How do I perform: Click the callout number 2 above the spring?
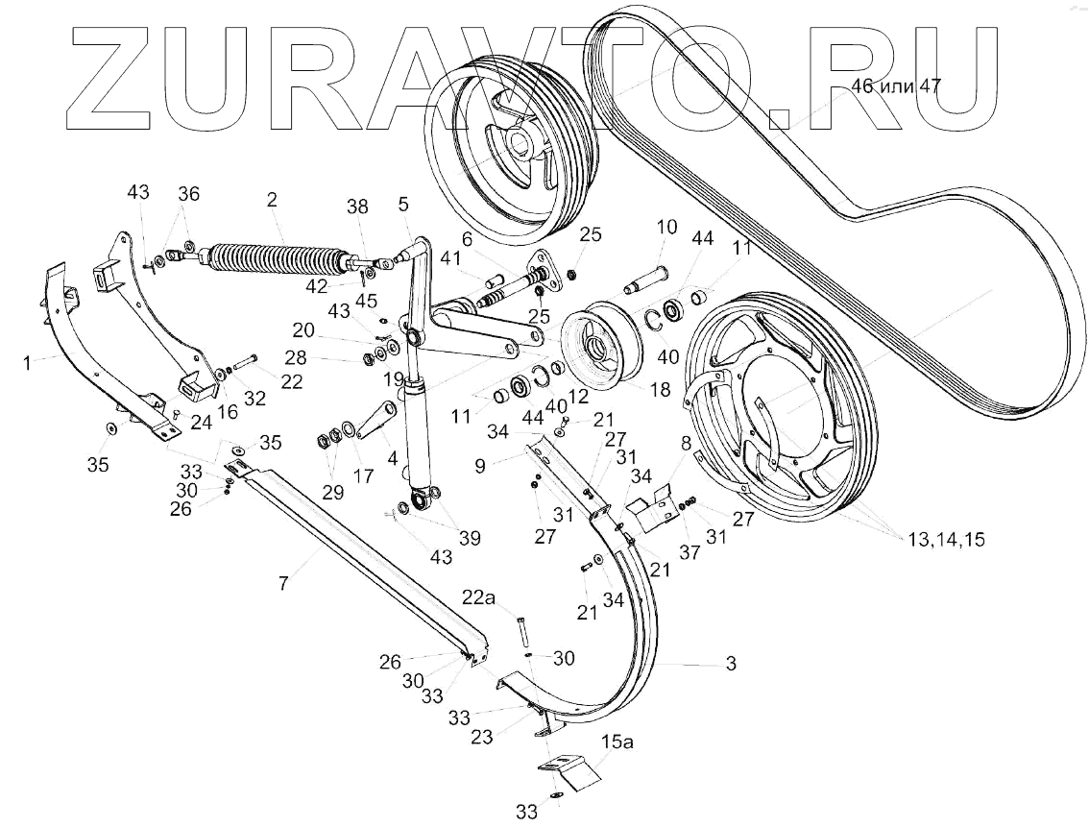273,201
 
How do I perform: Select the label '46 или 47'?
895,85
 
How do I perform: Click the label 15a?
617,742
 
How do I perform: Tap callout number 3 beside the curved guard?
732,664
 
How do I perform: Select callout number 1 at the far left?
29,362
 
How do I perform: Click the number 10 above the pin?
666,227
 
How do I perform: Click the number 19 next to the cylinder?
392,378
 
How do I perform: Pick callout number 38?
357,207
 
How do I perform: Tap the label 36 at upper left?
188,193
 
